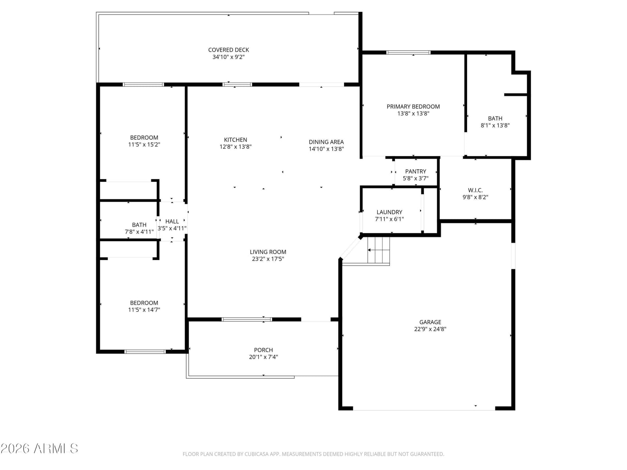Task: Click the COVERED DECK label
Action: [228, 50]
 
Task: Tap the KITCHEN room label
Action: [236, 140]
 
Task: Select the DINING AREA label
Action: [326, 142]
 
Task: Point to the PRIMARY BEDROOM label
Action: [413, 107]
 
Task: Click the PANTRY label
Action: [415, 172]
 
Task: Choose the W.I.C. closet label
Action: [475, 190]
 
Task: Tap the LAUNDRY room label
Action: [389, 212]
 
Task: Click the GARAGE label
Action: [430, 322]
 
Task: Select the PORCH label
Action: [263, 350]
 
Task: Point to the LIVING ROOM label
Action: [268, 252]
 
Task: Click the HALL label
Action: [172, 221]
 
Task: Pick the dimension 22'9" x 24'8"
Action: [430, 329]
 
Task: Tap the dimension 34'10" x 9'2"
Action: [228, 57]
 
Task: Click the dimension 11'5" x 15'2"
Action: [144, 145]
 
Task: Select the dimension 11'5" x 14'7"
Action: [144, 310]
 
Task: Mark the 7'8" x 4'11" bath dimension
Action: [139, 232]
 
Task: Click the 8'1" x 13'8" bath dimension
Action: [495, 125]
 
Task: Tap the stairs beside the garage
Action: [378, 250]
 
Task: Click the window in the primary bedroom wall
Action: [408, 52]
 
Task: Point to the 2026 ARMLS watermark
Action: [39, 448]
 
